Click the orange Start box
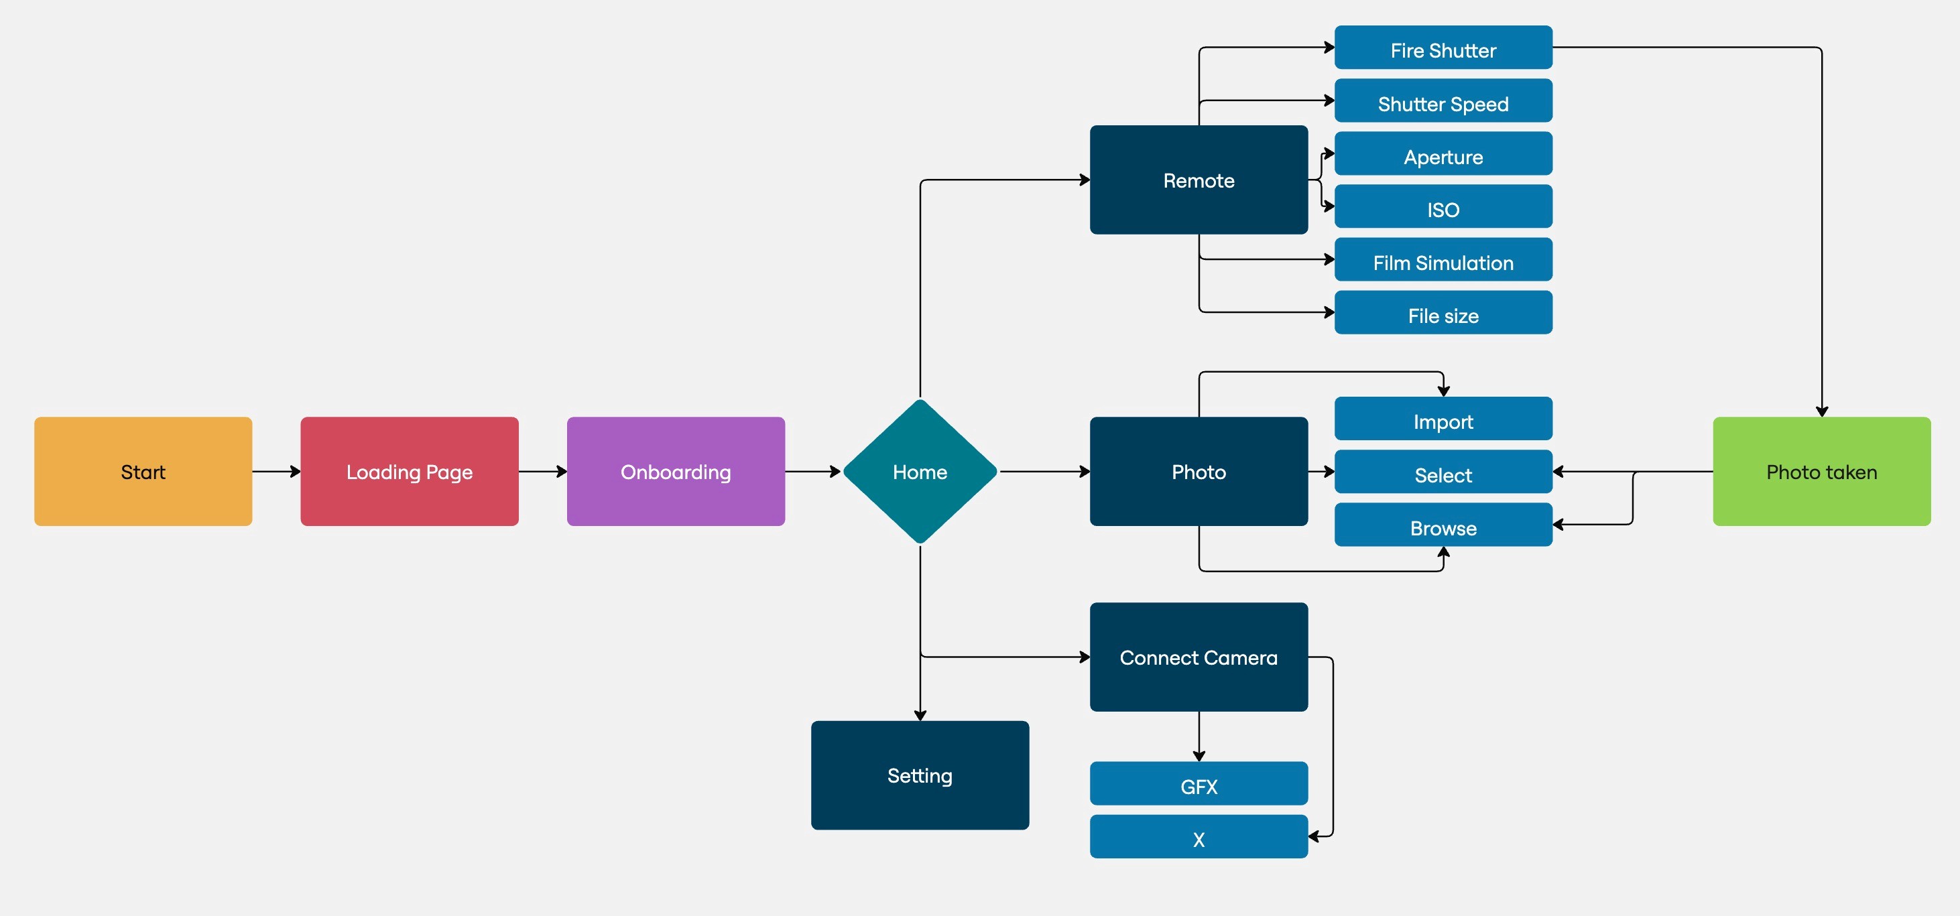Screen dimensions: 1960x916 click(x=143, y=471)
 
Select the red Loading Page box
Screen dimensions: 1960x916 click(x=410, y=471)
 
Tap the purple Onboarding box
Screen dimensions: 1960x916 click(x=676, y=471)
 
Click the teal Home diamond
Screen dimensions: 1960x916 click(x=920, y=471)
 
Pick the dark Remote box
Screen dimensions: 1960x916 click(x=1199, y=180)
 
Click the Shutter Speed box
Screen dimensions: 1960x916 click(x=1443, y=101)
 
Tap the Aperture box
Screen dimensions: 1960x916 click(x=1443, y=153)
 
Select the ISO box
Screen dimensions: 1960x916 click(x=1443, y=206)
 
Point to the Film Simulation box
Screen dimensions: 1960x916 click(x=1443, y=259)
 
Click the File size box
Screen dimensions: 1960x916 click(x=1443, y=312)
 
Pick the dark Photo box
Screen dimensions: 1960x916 click(x=1199, y=471)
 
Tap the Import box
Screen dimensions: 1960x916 click(x=1443, y=418)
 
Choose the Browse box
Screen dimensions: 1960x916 click(x=1443, y=524)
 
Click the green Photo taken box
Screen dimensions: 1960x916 click(x=1821, y=471)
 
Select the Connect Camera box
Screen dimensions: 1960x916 click(x=1199, y=657)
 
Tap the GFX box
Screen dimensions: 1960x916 click(x=1199, y=783)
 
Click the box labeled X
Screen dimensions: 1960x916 click(x=1199, y=836)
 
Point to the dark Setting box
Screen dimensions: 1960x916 click(x=920, y=775)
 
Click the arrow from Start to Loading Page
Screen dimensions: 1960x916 click(x=277, y=472)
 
